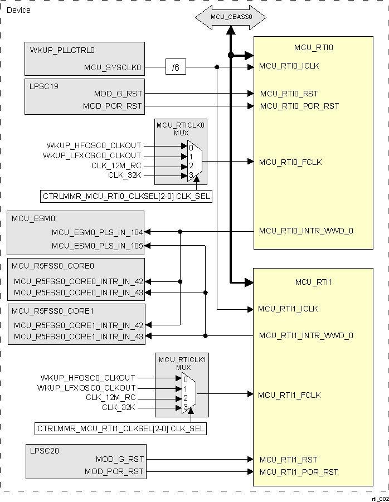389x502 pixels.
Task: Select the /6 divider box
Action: click(x=176, y=68)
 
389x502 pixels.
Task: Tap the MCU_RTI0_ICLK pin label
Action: click(x=289, y=66)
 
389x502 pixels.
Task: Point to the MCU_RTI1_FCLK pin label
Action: click(x=289, y=395)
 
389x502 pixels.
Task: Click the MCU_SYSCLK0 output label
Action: click(x=113, y=68)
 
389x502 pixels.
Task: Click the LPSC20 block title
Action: click(x=45, y=449)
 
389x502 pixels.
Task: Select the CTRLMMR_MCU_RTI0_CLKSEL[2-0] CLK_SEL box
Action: click(x=126, y=196)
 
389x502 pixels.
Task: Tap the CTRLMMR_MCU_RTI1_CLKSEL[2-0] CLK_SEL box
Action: click(x=120, y=429)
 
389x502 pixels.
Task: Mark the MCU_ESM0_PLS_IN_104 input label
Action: click(x=98, y=232)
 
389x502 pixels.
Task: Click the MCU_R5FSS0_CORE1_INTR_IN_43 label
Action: click(x=79, y=337)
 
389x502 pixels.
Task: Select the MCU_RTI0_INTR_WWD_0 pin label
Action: click(x=306, y=231)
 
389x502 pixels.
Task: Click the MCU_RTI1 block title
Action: click(x=313, y=282)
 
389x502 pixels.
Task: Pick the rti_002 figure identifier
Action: click(x=380, y=499)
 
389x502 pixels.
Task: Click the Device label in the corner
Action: click(x=18, y=10)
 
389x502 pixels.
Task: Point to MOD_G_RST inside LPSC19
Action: click(x=119, y=94)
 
